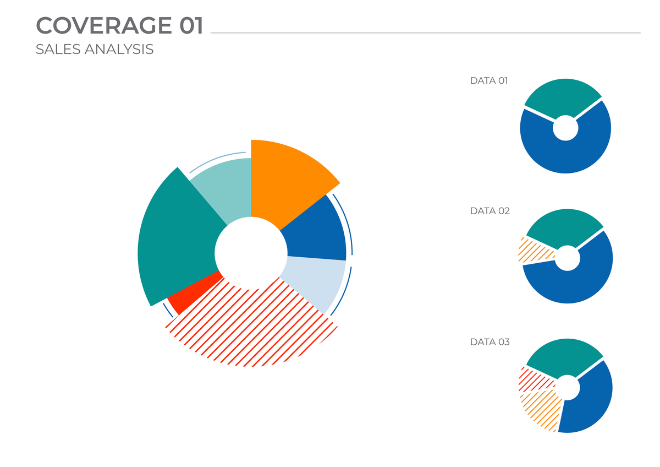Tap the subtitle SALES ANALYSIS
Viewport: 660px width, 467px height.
pyautogui.click(x=94, y=50)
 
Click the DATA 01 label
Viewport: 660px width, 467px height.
pyautogui.click(x=488, y=81)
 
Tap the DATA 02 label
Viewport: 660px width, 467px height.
pyautogui.click(x=490, y=211)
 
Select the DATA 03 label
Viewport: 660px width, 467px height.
pyautogui.click(x=490, y=342)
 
